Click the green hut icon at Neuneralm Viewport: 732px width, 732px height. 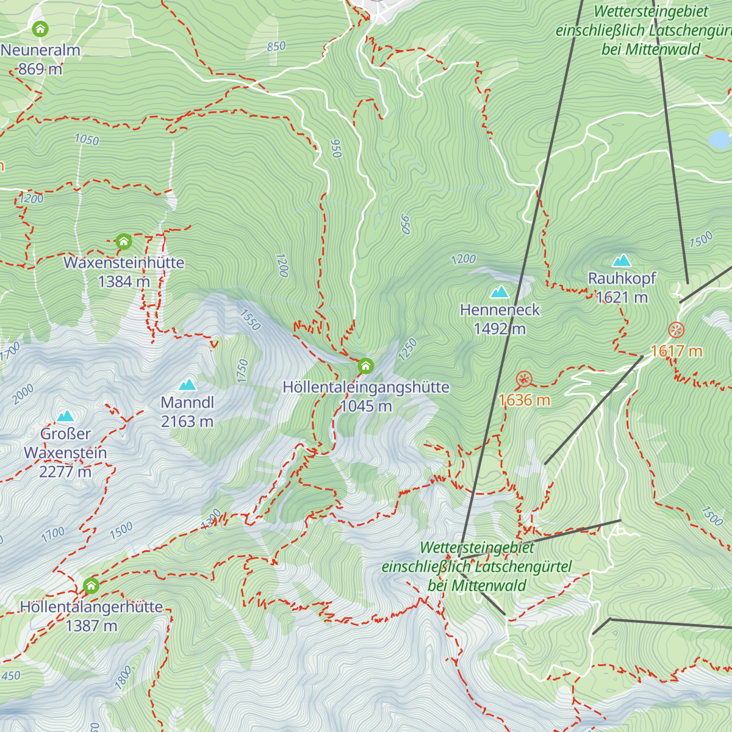pos(40,29)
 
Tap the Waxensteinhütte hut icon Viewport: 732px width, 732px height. pos(124,242)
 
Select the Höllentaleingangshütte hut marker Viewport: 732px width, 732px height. pos(365,366)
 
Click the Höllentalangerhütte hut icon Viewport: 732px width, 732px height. pos(91,586)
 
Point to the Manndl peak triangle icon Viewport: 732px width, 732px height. pos(187,385)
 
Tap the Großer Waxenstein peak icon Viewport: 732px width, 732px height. pos(65,416)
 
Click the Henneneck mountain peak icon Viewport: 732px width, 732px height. pos(500,292)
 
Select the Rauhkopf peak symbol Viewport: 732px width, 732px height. pos(622,260)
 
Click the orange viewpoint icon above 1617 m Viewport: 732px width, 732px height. pos(676,330)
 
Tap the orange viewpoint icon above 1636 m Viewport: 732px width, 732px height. pos(524,379)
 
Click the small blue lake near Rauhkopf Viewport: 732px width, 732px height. pos(720,139)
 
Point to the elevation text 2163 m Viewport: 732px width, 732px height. pos(187,422)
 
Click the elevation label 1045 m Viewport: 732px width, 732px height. pos(366,406)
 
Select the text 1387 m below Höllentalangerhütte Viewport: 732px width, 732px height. pos(91,626)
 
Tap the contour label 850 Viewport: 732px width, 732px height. pos(276,46)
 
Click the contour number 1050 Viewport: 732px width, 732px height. pos(87,140)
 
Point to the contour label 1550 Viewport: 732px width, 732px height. pos(250,320)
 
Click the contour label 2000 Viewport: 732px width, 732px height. pos(23,394)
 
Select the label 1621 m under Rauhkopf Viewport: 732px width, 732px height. pos(622,298)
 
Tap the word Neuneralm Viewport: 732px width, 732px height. pos(40,50)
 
